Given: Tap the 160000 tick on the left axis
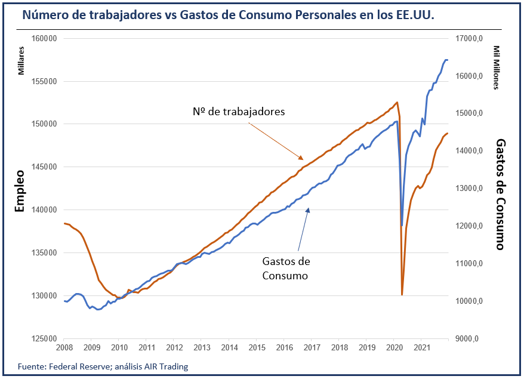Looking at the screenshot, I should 44,38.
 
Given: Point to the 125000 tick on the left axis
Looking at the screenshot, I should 44,338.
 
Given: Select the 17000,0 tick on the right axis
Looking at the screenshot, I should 469,38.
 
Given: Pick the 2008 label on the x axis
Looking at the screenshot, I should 64,347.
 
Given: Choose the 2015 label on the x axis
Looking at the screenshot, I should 257,347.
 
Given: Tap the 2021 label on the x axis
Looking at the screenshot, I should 422,347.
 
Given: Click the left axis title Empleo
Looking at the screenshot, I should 19,192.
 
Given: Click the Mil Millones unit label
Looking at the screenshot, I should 496,67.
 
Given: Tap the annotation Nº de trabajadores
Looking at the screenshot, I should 239,112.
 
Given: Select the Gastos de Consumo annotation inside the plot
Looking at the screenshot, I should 286,269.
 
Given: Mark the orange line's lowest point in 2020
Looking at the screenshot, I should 402,294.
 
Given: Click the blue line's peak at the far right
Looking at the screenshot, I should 446,60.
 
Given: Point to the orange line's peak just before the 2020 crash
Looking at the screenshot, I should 397,102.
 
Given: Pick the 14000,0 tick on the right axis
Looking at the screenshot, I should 469,150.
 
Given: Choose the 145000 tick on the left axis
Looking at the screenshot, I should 44,167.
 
